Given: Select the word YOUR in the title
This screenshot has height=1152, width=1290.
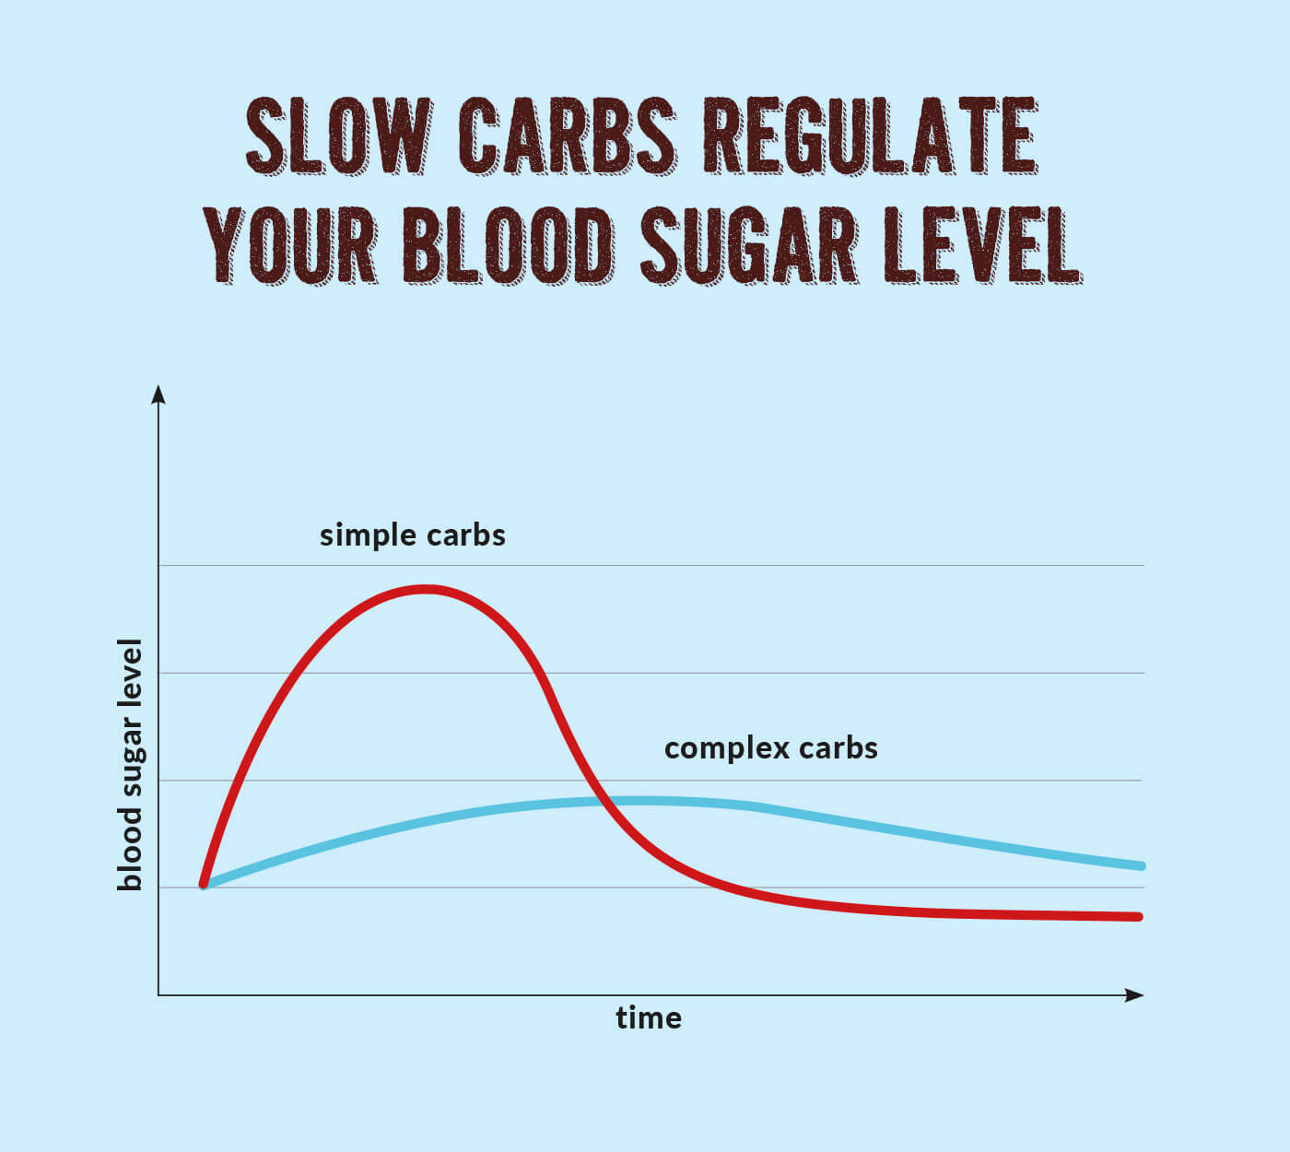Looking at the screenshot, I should pos(290,244).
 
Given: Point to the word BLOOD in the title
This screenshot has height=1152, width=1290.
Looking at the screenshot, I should pos(508,244).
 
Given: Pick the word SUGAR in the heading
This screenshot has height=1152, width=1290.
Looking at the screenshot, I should pos(748,244).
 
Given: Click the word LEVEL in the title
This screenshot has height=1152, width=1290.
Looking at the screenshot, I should pos(981,244).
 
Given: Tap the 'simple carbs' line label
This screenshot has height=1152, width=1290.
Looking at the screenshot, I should pos(412,535).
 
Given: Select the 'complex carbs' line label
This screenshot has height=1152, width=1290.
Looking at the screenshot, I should pos(770,747).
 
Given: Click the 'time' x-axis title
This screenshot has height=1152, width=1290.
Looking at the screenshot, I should pos(649,1018).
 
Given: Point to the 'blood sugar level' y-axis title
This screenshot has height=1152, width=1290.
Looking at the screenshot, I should pos(130,765).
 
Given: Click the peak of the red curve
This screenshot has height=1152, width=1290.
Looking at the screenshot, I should pos(424,588).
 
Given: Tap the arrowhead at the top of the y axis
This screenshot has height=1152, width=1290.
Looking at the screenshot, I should pos(158,394).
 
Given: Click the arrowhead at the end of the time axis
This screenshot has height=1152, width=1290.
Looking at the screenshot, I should pos(1135,995).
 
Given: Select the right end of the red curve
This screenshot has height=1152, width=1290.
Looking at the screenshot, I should pos(1139,917).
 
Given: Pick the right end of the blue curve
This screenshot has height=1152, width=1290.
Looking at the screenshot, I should pos(1141,866).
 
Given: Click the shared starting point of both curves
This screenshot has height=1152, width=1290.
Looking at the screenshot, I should pos(205,885).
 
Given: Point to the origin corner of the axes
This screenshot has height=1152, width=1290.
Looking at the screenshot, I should pos(158,995).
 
